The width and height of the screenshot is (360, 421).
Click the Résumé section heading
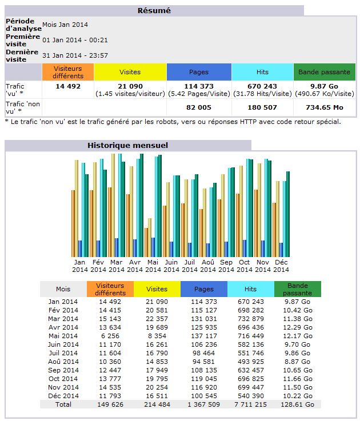154,10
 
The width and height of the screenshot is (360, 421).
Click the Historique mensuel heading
127,145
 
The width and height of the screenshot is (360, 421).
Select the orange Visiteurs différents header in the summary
68,72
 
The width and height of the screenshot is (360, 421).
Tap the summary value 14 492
68,86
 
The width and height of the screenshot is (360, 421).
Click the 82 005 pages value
199,107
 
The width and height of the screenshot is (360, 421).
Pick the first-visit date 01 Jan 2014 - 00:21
75,40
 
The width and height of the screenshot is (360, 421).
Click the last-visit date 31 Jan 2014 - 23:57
75,55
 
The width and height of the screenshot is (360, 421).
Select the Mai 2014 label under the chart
153,266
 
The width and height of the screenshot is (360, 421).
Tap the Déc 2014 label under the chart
281,266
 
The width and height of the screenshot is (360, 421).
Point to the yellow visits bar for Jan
77,209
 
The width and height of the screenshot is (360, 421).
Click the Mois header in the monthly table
63,289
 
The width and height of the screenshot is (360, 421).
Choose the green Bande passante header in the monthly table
298,289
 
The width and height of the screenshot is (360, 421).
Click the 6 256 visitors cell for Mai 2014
110,336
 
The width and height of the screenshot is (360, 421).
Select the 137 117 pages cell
204,336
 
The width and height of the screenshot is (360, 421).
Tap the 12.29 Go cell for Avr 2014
298,327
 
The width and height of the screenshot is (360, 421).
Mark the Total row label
63,404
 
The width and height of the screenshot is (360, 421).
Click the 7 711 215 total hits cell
250,404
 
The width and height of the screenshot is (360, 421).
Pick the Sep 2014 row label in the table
63,370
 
